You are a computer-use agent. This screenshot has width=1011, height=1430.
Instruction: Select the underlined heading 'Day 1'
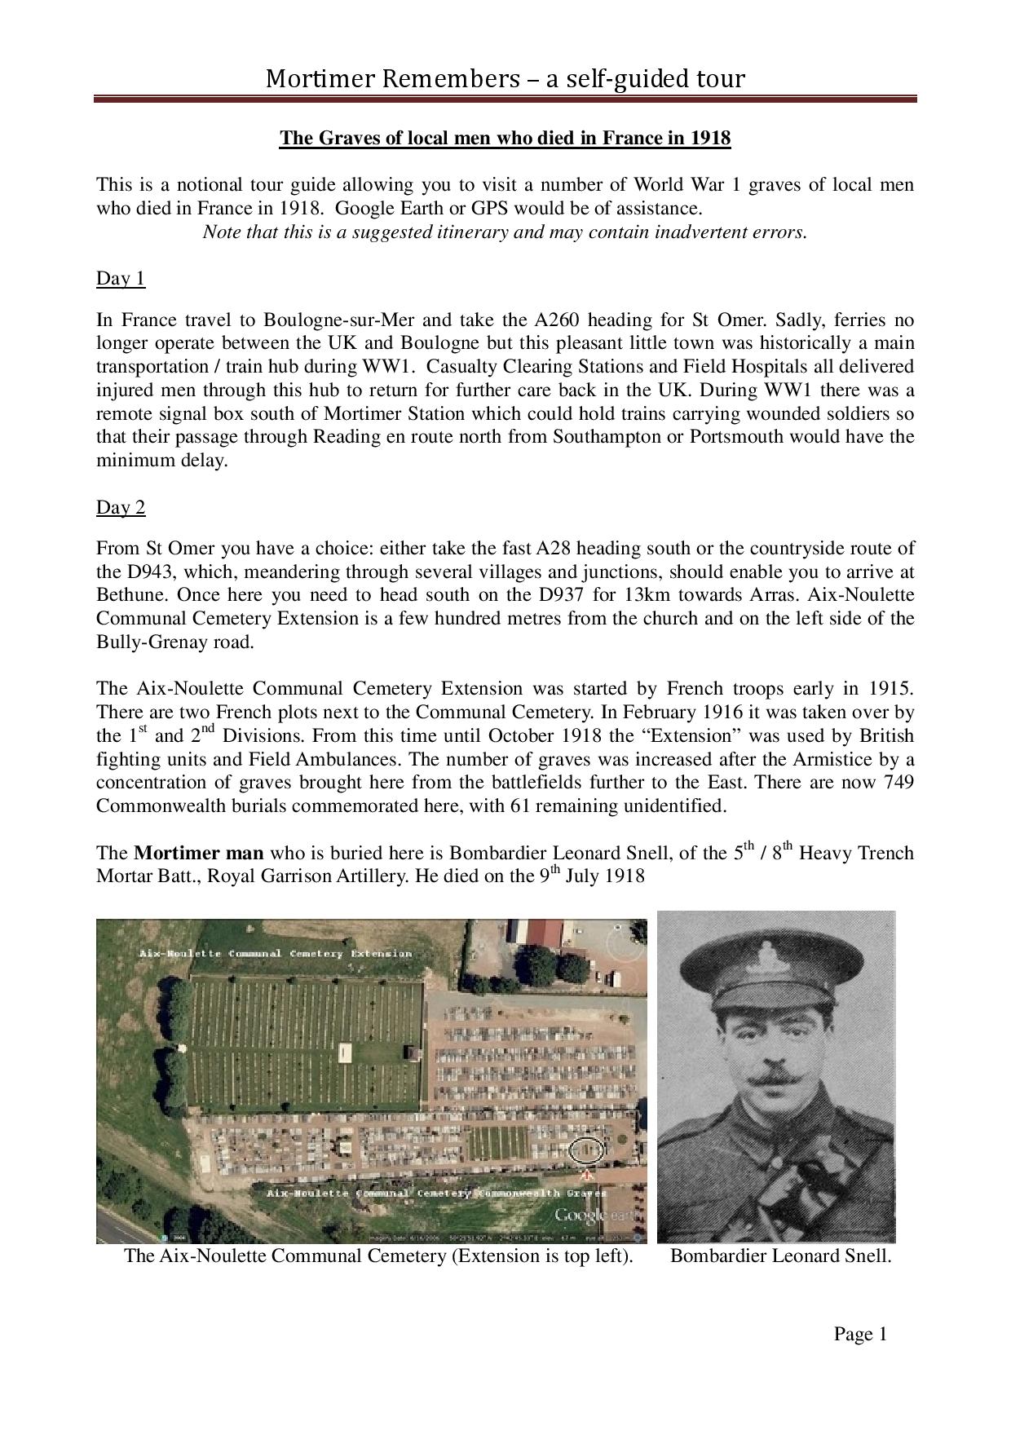click(121, 279)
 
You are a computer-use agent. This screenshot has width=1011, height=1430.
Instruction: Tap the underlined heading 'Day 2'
click(121, 508)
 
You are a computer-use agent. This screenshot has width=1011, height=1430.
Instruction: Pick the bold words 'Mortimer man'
click(198, 854)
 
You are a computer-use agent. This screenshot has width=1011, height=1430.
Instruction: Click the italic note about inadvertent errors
click(505, 232)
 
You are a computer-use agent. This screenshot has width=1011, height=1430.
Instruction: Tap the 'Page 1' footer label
click(859, 1334)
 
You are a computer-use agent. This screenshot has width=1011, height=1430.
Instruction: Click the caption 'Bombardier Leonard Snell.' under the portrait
click(780, 1256)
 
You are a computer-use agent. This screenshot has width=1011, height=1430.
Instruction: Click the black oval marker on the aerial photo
click(587, 1150)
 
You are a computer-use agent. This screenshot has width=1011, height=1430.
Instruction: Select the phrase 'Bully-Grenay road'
click(174, 642)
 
